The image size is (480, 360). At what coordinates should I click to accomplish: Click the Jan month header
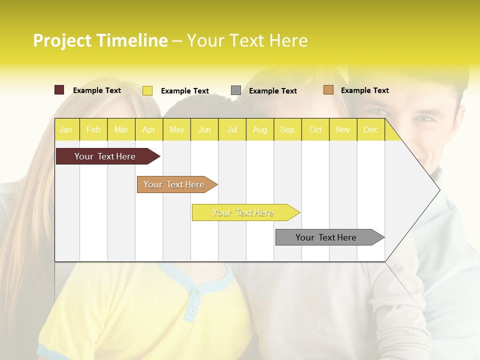(x=66, y=130)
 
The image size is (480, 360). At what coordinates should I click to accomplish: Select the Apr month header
(x=148, y=130)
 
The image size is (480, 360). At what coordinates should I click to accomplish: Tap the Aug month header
(x=259, y=130)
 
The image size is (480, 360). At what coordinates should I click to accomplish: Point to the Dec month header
(x=370, y=130)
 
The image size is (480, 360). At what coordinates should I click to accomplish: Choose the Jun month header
(x=204, y=130)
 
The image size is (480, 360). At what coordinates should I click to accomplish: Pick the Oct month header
(x=315, y=130)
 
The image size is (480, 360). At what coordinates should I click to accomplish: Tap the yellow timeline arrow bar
(x=243, y=212)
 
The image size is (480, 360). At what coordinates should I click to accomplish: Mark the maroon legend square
(x=59, y=90)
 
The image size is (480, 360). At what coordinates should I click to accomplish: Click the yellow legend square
(x=147, y=90)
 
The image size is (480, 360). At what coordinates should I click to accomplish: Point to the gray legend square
(x=236, y=90)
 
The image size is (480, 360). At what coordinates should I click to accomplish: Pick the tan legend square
(x=328, y=90)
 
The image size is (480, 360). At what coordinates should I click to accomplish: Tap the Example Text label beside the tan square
(x=364, y=90)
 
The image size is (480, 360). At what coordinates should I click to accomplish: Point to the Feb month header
(x=93, y=130)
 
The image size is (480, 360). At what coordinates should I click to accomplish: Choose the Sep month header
(x=287, y=130)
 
